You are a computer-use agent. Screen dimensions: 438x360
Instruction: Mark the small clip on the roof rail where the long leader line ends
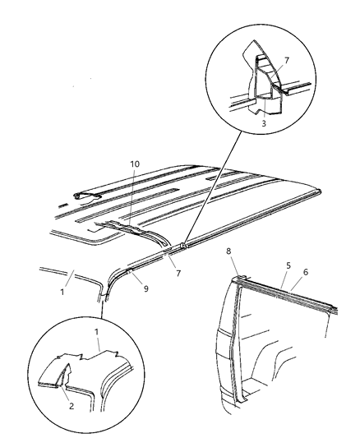pos(185,244)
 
